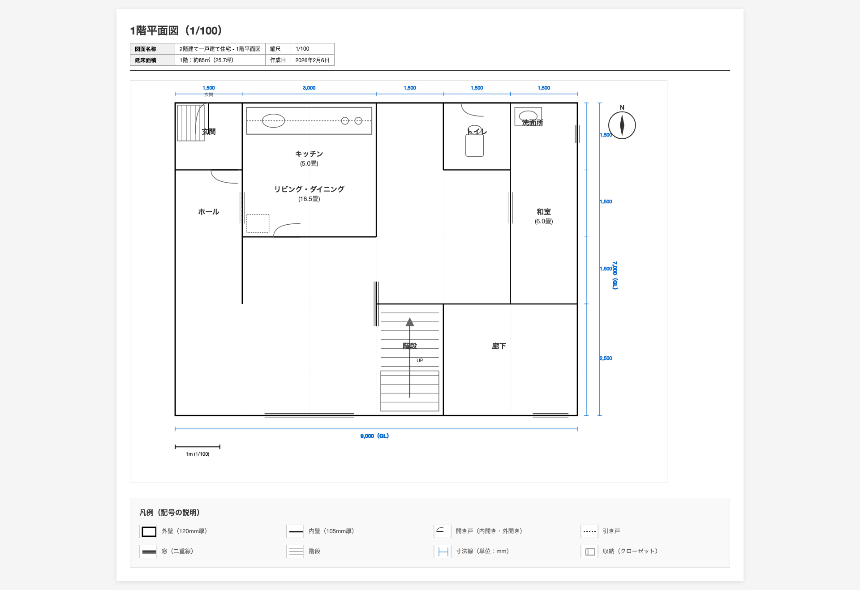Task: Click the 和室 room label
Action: pyautogui.click(x=543, y=212)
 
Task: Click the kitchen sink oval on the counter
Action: pyautogui.click(x=273, y=121)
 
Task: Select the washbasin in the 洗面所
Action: pyautogui.click(x=528, y=116)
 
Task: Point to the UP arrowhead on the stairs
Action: pyautogui.click(x=409, y=322)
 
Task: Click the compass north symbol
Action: pyautogui.click(x=622, y=125)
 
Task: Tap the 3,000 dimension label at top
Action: pyautogui.click(x=309, y=88)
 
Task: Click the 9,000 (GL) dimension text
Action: pyautogui.click(x=374, y=436)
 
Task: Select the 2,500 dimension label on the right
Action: pyautogui.click(x=606, y=358)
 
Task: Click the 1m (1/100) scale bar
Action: pyautogui.click(x=197, y=447)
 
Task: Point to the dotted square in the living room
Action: pyautogui.click(x=258, y=223)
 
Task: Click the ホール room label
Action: pyautogui.click(x=208, y=212)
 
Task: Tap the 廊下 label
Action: pyautogui.click(x=499, y=346)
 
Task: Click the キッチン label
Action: pyautogui.click(x=309, y=154)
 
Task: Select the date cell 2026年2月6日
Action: pyautogui.click(x=312, y=60)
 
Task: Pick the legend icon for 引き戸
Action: pyautogui.click(x=589, y=531)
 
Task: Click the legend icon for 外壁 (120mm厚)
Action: pyautogui.click(x=149, y=531)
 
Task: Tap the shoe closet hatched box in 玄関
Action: pyautogui.click(x=190, y=123)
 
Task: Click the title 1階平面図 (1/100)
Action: pyautogui.click(x=176, y=30)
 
